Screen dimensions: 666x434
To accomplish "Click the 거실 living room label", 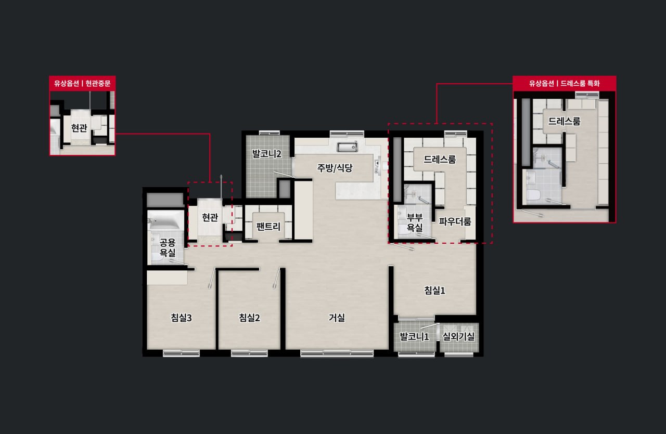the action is (337, 318).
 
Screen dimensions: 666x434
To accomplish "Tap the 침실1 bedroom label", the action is (434, 290).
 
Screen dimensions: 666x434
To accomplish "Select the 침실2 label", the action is (249, 318).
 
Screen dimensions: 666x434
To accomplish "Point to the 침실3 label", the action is (181, 318).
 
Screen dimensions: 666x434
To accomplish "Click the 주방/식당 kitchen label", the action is (335, 168).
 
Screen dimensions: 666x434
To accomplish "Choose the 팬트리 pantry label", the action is (268, 227).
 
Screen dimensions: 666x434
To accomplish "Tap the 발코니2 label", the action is (267, 154).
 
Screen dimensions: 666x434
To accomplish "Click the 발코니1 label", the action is (414, 337).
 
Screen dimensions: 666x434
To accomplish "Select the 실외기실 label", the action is (458, 337).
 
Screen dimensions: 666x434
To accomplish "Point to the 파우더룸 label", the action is (455, 221).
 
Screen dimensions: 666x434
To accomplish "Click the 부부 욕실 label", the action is (415, 222).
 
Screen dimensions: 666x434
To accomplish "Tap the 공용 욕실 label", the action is (168, 248).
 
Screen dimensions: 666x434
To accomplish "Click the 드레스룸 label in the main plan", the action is (440, 160).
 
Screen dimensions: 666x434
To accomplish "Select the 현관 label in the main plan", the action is (210, 217).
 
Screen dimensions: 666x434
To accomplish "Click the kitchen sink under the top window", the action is (347, 147).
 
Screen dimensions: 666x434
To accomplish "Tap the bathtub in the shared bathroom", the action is (165, 220).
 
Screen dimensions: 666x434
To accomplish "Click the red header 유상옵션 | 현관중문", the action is (82, 84).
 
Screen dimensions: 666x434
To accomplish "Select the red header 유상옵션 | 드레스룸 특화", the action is (565, 84).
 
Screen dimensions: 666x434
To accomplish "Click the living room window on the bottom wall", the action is (337, 353).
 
